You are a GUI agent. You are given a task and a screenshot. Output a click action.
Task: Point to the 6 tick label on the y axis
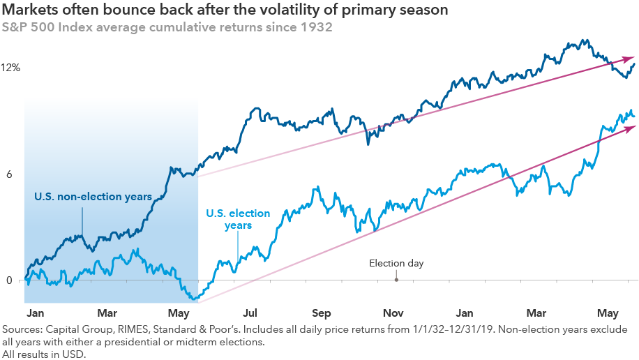(x=10, y=174)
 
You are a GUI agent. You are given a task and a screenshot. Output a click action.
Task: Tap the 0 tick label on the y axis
(x=9, y=280)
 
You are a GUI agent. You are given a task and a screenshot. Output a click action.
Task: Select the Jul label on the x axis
(x=250, y=313)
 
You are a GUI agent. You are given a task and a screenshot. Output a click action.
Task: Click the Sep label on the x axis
(x=322, y=313)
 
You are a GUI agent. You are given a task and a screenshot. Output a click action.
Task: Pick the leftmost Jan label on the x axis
(x=35, y=313)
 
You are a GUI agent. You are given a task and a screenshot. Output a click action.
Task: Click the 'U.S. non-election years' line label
(x=93, y=197)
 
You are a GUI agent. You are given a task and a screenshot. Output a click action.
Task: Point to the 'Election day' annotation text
(x=396, y=264)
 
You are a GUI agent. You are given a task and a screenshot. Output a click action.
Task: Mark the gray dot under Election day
(x=396, y=280)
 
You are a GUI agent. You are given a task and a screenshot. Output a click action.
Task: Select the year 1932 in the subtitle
(x=318, y=28)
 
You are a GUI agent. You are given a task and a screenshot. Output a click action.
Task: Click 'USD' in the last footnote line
(x=73, y=354)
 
